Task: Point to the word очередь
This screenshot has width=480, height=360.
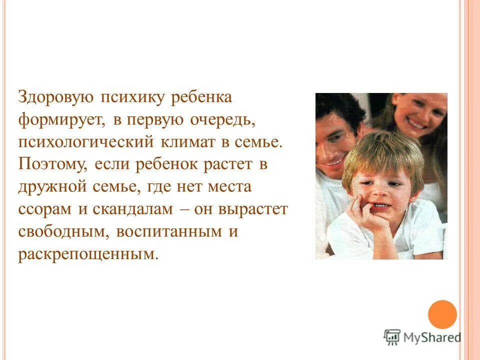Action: [230, 120]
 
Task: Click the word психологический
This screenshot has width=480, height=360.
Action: [85, 142]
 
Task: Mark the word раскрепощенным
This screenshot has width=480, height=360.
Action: [87, 254]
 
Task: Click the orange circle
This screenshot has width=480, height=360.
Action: [442, 314]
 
